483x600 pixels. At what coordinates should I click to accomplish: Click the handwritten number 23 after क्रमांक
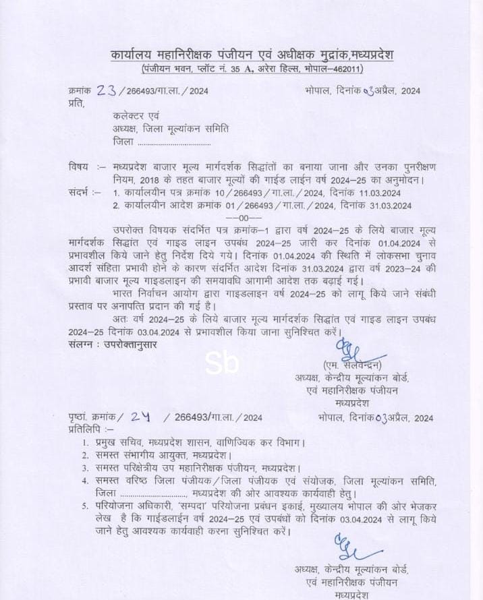[106, 91]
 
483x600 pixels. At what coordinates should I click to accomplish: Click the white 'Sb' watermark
[222, 364]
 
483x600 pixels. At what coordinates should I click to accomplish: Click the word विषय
[78, 167]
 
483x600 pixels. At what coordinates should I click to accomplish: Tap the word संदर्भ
[80, 193]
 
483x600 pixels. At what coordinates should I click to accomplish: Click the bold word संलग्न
[82, 344]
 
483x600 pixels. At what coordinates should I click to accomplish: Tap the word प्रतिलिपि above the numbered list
[84, 429]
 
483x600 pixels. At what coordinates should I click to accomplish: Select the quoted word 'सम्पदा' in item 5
[192, 506]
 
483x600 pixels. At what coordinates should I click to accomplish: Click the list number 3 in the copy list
[85, 467]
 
